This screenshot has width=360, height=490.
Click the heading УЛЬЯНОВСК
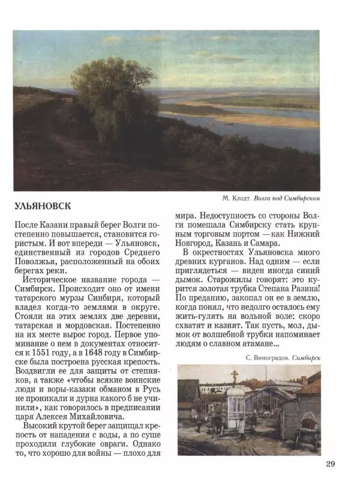point(42,206)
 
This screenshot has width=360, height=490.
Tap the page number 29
point(332,463)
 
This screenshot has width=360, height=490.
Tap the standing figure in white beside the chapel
point(240,426)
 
